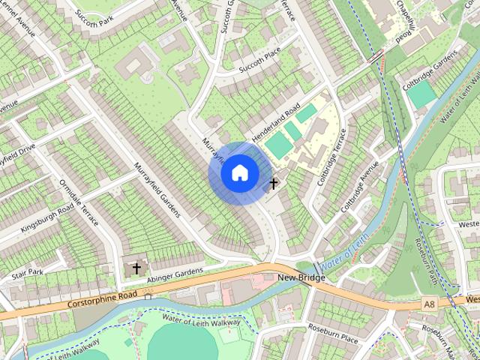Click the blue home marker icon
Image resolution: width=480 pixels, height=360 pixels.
point(240,173)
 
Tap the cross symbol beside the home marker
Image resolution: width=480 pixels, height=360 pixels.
point(274,182)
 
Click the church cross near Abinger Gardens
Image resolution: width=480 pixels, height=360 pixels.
point(136,267)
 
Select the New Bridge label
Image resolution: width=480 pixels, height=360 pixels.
point(301,278)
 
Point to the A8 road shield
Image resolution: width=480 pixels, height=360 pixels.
point(428,304)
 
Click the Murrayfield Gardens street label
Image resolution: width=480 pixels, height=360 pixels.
point(157,189)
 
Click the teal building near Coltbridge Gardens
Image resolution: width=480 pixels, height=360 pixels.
point(421,94)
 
